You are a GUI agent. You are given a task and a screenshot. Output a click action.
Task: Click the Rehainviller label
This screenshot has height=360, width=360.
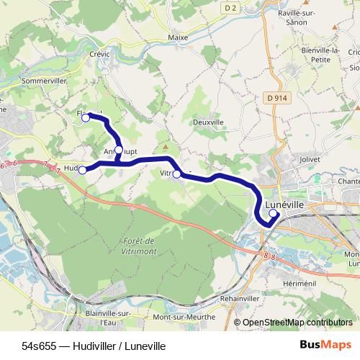[241, 298]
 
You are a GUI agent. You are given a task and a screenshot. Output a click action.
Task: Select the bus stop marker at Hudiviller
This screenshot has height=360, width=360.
[83, 170]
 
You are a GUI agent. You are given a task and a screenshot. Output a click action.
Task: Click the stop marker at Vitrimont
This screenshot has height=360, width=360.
[176, 174]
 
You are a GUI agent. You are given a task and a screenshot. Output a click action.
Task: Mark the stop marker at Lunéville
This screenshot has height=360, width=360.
[273, 212]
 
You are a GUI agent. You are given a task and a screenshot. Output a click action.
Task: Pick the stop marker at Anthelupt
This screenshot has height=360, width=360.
[119, 150]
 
